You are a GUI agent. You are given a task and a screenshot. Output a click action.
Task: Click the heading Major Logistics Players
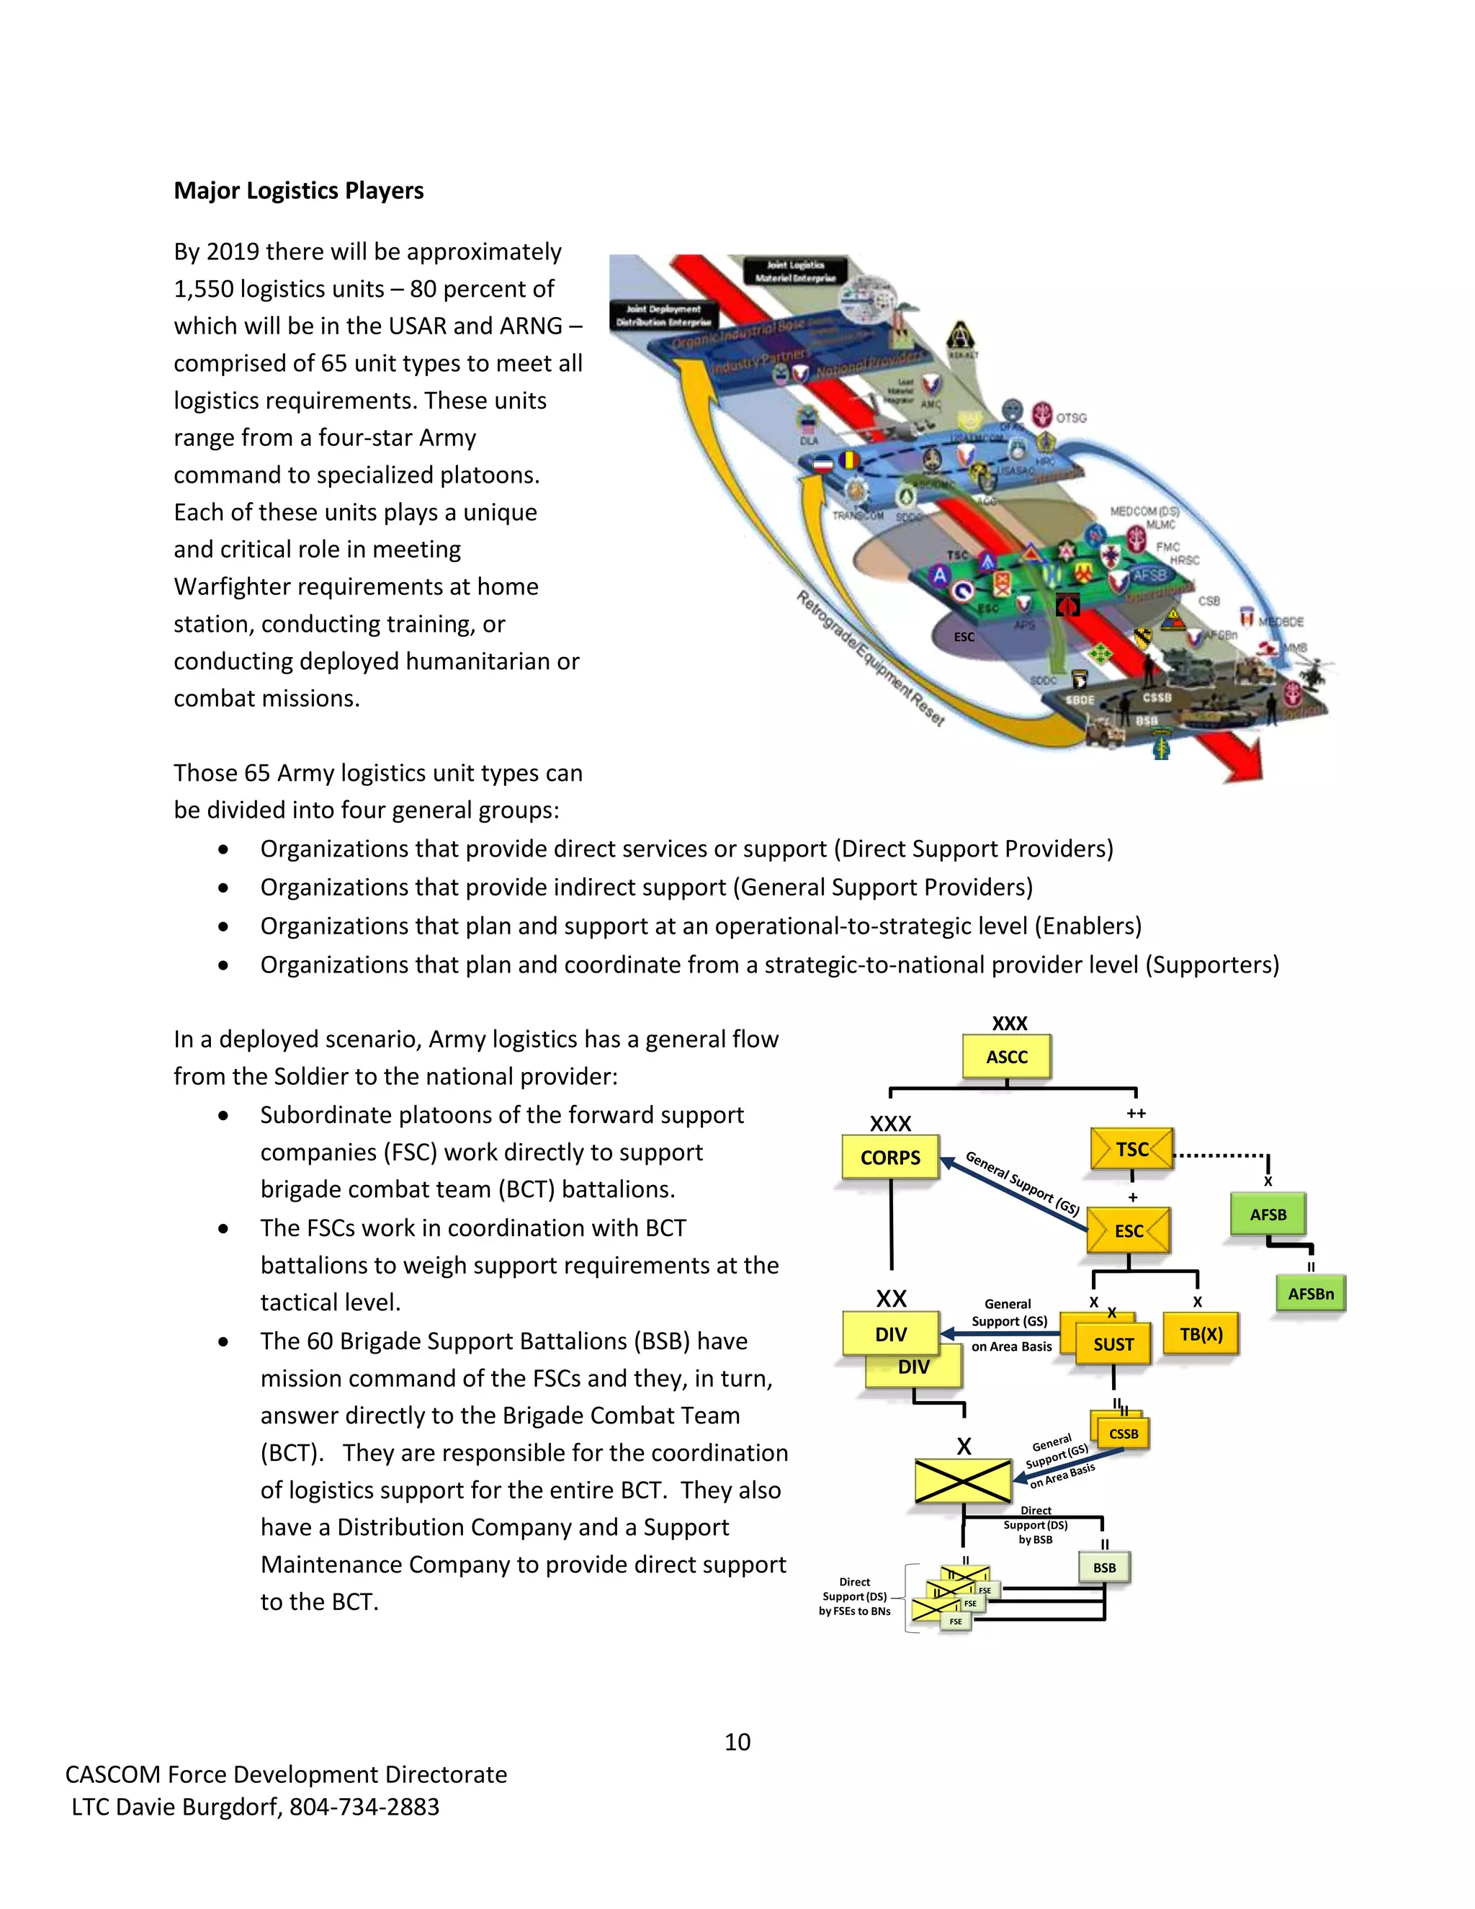[299, 191]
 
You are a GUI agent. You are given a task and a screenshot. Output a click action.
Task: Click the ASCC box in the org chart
[1007, 1057]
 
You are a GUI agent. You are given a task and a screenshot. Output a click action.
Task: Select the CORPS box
[889, 1158]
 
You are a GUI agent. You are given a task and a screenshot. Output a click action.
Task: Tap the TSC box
[1131, 1150]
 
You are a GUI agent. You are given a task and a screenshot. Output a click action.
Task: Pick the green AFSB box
[1268, 1214]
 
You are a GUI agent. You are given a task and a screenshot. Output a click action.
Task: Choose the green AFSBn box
[1310, 1294]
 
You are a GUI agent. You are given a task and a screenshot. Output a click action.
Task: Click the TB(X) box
[1201, 1334]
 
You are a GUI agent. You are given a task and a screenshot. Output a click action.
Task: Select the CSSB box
[1123, 1434]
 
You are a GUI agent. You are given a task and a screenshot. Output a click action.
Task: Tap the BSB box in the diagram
[1105, 1568]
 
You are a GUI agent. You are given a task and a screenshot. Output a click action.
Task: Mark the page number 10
[737, 1742]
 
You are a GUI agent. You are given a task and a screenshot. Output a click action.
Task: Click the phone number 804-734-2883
[364, 1807]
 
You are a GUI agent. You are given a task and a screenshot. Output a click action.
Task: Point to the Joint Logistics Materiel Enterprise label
[795, 271]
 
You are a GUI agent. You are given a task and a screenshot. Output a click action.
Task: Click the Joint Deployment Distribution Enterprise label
[663, 316]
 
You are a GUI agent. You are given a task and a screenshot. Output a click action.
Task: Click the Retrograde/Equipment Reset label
[870, 659]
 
